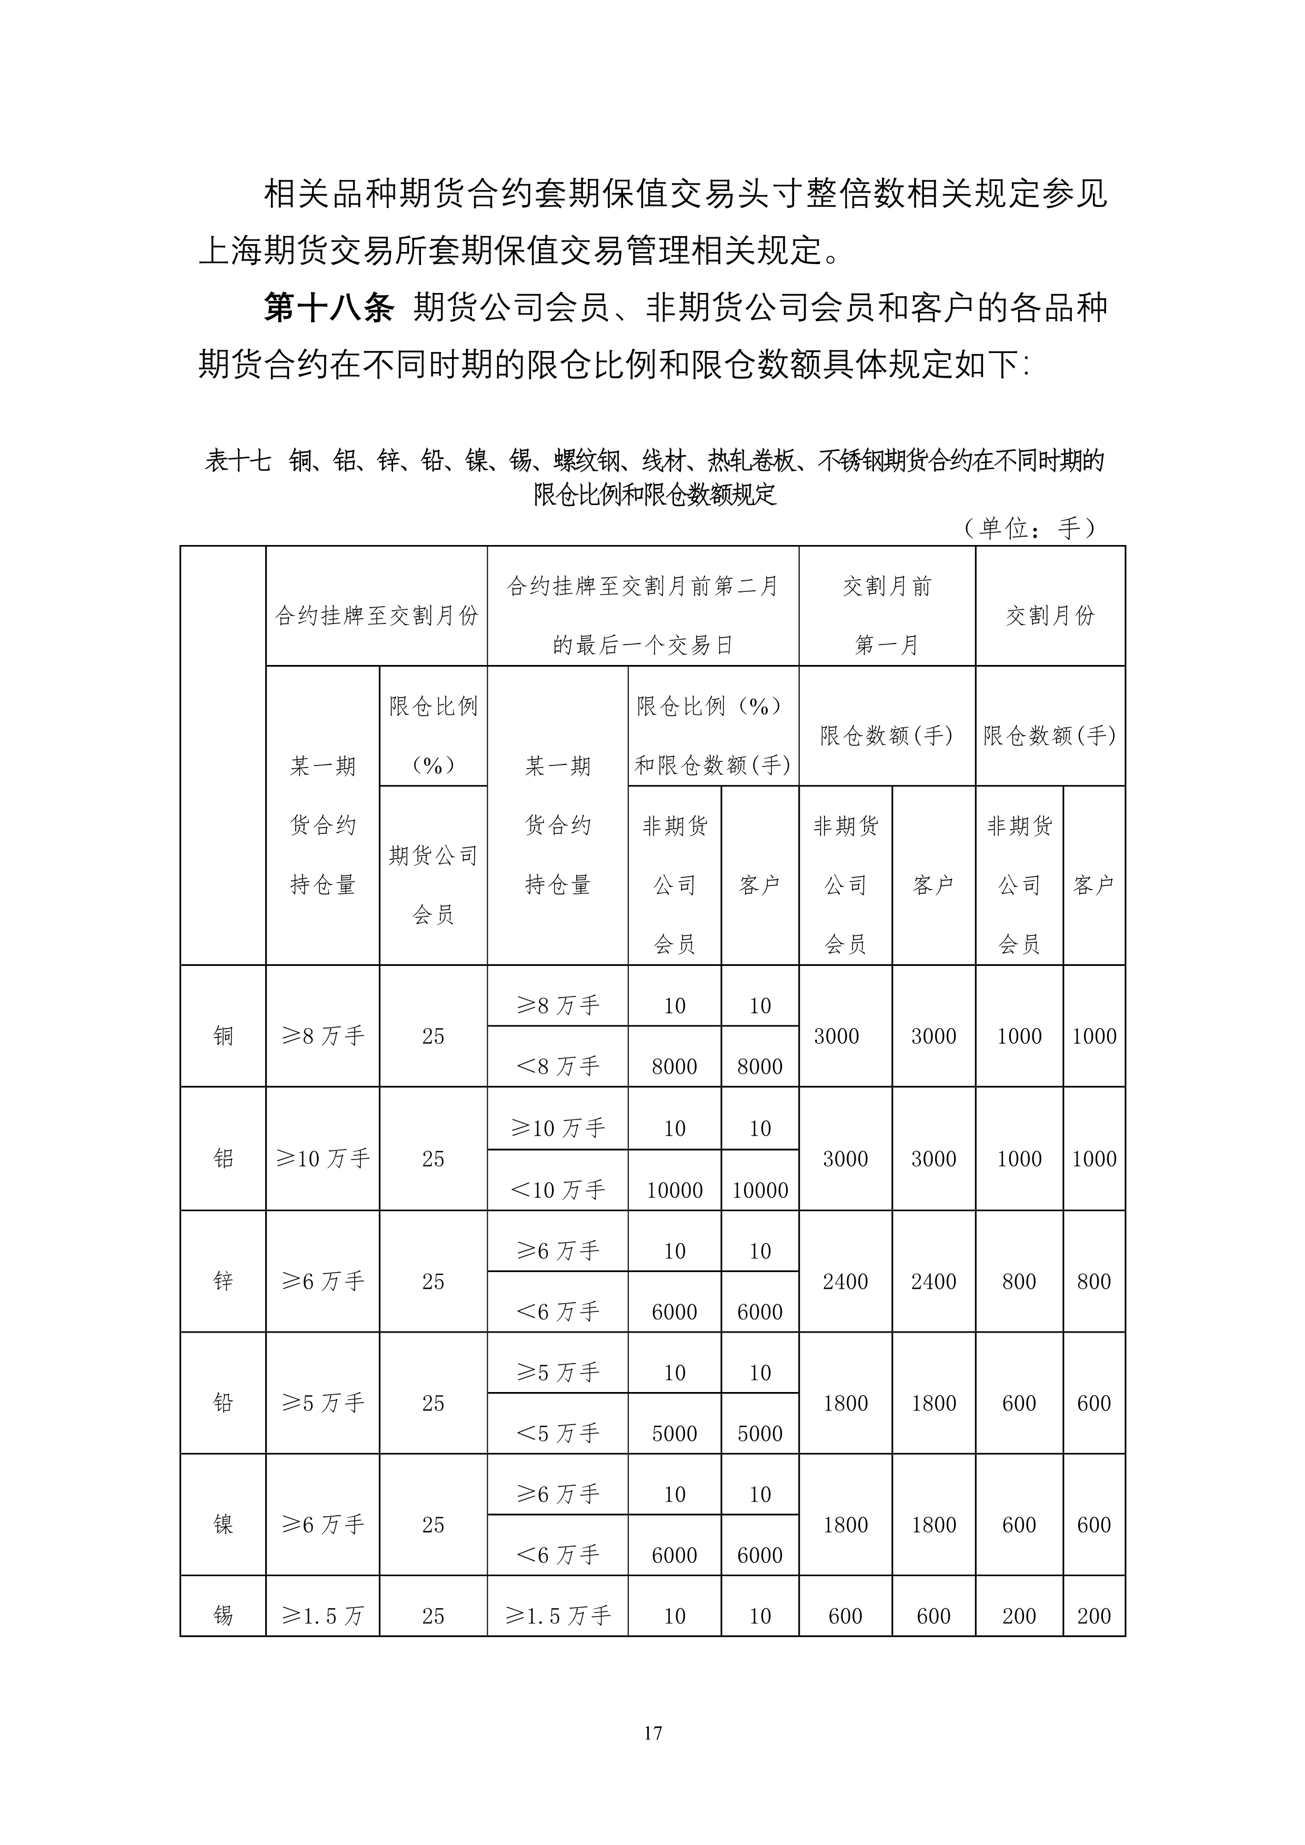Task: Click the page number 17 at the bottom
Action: [x=652, y=1732]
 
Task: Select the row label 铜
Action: [x=224, y=1036]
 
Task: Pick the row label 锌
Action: [x=224, y=1281]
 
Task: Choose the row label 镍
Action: [x=224, y=1525]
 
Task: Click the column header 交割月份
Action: [x=1050, y=616]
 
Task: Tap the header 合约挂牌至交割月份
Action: [x=377, y=616]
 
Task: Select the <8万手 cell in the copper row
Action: [x=558, y=1066]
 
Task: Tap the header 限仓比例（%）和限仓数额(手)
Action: [x=713, y=735]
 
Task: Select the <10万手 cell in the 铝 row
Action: [x=558, y=1190]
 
